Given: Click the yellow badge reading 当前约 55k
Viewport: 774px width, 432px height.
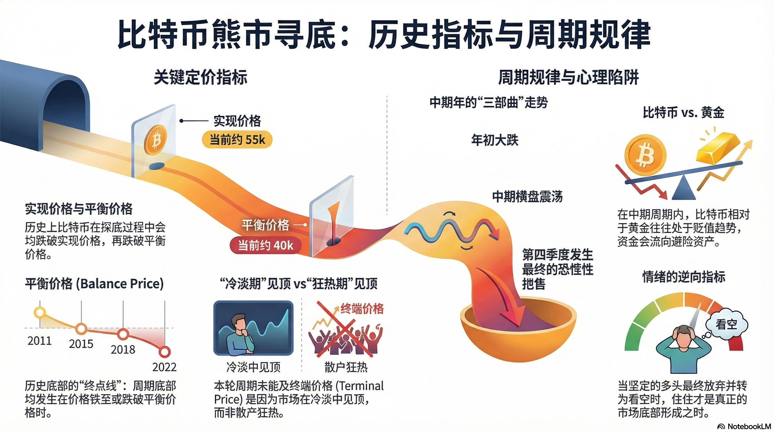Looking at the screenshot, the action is [237, 140].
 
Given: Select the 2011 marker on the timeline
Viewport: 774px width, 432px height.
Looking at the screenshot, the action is [40, 312].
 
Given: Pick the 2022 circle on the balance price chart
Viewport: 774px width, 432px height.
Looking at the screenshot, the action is [164, 351].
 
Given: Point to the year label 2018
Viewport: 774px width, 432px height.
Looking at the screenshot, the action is [123, 350].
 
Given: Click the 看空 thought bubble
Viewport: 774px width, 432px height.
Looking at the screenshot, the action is [726, 325].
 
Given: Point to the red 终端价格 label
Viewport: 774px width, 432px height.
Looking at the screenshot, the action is [362, 309].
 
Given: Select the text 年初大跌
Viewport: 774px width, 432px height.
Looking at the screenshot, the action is [494, 140].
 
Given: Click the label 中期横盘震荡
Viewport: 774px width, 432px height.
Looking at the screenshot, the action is [527, 197].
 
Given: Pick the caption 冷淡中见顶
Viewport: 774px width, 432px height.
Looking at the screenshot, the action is [253, 367].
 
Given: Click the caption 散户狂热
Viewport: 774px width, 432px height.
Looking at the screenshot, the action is [346, 367].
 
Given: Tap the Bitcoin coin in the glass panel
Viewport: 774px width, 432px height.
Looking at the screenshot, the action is [156, 139].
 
